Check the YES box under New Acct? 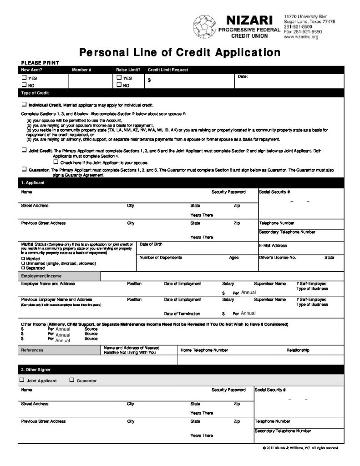pyautogui.click(x=24, y=78)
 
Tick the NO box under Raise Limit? pyautogui.click(x=119, y=85)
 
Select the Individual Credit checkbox pyautogui.click(x=24, y=104)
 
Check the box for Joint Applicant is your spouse pyautogui.click(x=56, y=162)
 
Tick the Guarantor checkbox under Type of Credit pyautogui.click(x=24, y=169)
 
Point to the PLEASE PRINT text pyautogui.click(x=40, y=63)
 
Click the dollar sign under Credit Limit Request pyautogui.click(x=149, y=79)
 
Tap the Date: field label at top pyautogui.click(x=243, y=76)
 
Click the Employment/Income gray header pyautogui.click(x=41, y=276)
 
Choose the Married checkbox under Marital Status pyautogui.click(x=23, y=258)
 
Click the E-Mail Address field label pyautogui.click(x=273, y=246)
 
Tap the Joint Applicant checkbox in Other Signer pyautogui.click(x=22, y=380)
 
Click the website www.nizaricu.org pyautogui.click(x=301, y=37)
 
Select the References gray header pyautogui.click(x=32, y=350)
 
